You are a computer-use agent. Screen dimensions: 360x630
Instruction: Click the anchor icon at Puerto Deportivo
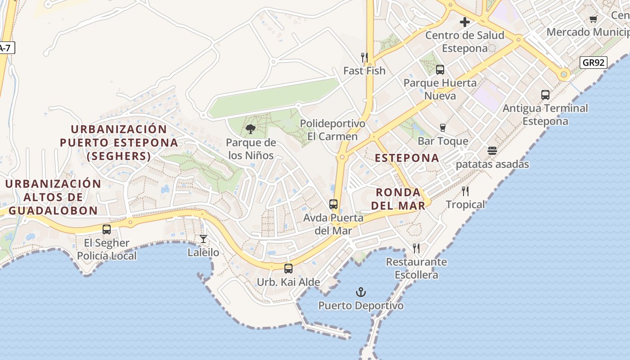(360, 292)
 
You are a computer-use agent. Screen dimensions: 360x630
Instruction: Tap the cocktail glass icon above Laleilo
(203, 239)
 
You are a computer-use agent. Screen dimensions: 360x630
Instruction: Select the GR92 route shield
(593, 63)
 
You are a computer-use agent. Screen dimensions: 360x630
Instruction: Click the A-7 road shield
(5, 48)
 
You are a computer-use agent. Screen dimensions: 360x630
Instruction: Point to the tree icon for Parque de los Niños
(251, 130)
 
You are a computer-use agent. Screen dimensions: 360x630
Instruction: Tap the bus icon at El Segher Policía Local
(107, 229)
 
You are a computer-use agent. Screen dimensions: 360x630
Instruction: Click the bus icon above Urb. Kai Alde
(288, 269)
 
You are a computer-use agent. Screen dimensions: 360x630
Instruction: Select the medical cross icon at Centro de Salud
(465, 22)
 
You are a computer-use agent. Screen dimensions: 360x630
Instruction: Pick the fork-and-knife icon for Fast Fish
(364, 57)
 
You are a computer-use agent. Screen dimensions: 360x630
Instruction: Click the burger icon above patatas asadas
(492, 151)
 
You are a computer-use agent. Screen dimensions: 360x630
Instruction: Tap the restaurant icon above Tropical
(465, 191)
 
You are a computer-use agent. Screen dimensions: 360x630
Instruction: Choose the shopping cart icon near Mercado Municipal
(593, 19)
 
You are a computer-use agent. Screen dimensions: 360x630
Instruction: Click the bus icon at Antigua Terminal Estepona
(545, 95)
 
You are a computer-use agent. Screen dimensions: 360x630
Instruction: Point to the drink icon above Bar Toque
(443, 128)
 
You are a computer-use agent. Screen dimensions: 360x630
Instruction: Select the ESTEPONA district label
(407, 158)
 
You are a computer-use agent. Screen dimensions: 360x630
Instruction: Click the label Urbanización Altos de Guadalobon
(53, 197)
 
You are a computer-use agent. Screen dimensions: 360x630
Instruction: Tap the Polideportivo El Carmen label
(332, 130)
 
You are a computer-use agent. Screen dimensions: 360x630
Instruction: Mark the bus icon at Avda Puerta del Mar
(333, 204)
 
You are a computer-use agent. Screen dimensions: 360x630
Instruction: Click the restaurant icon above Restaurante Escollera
(416, 248)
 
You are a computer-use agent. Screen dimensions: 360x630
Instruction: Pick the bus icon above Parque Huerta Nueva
(440, 70)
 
